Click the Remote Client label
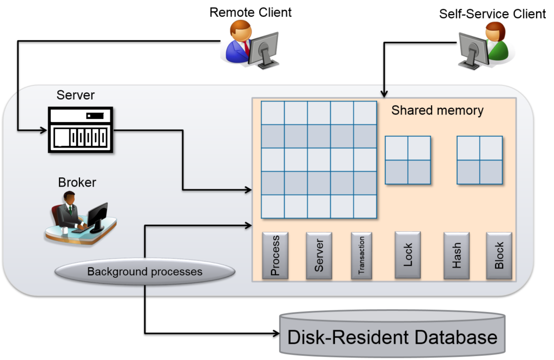click(250, 12)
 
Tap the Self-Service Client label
click(492, 14)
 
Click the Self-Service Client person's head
click(495, 31)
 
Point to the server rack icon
click(81, 130)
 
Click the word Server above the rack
click(76, 95)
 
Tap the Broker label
click(77, 182)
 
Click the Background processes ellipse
click(145, 271)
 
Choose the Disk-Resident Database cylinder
click(392, 334)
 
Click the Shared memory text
click(437, 110)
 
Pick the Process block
click(275, 256)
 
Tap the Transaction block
click(361, 256)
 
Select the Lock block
click(408, 255)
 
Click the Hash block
click(457, 256)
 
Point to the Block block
click(499, 256)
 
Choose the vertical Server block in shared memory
click(319, 256)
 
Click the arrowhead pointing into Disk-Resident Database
click(276, 333)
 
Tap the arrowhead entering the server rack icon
click(44, 130)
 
